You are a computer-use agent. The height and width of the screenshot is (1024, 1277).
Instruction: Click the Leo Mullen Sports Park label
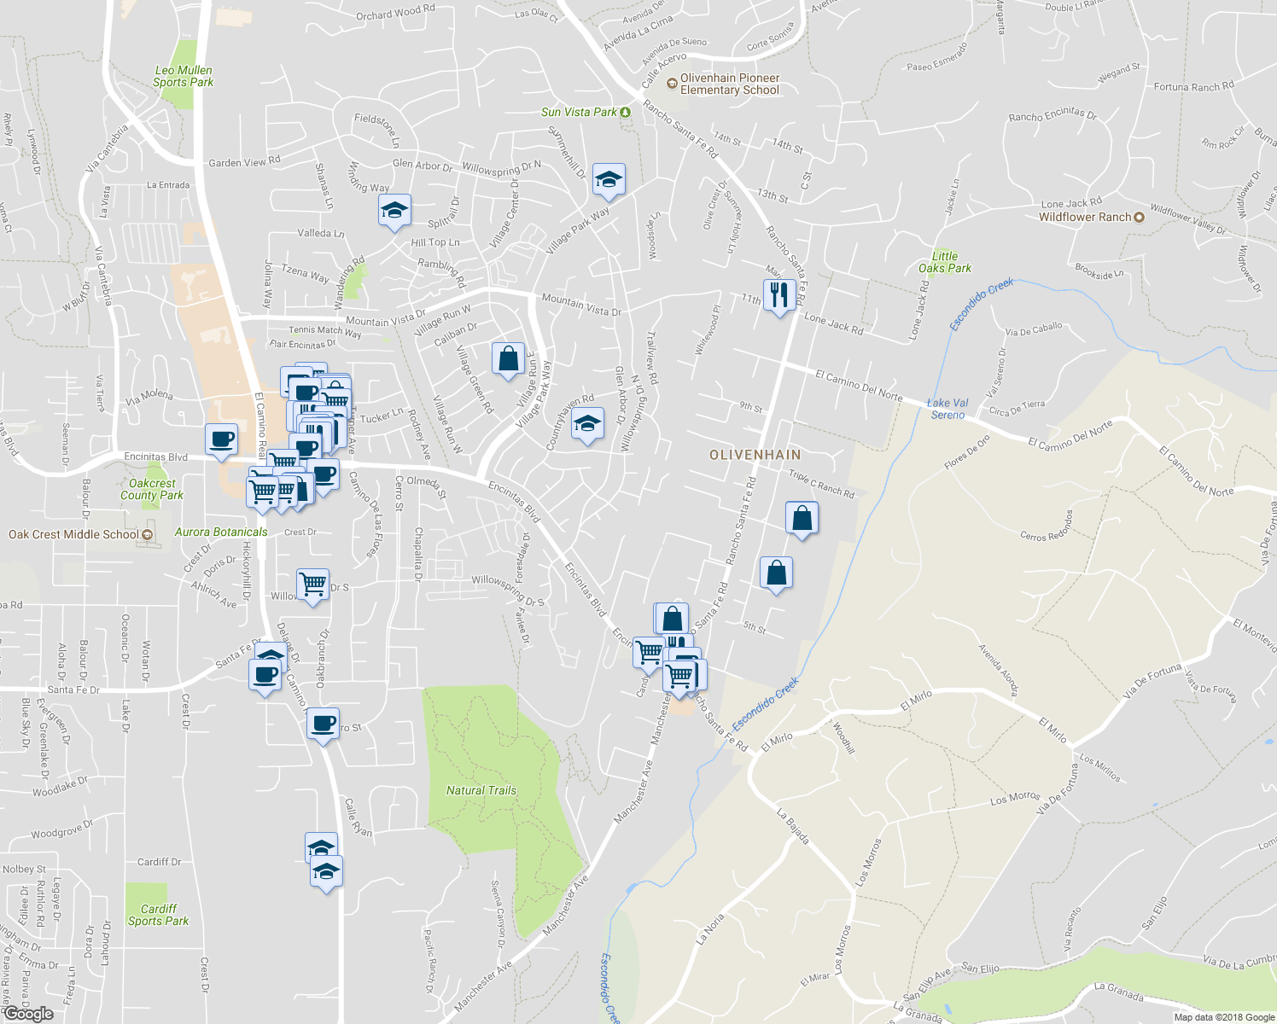183,77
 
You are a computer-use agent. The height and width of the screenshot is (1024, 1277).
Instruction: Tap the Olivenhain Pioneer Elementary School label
730,84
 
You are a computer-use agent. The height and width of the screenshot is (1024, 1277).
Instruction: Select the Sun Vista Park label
580,113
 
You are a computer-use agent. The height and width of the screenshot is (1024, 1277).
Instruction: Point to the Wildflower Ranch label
1085,218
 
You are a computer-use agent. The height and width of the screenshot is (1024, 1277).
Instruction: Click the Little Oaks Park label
944,262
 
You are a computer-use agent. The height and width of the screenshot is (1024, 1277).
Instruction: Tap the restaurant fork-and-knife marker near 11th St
778,295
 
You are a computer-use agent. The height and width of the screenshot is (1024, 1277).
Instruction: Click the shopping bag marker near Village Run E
508,358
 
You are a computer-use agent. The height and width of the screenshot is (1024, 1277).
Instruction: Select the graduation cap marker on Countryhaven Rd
586,423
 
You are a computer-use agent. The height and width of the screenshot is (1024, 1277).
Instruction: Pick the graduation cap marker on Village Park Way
608,179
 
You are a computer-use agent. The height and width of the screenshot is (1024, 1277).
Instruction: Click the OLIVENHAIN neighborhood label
755,455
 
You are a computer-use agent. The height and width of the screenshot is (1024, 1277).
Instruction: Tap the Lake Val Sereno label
948,409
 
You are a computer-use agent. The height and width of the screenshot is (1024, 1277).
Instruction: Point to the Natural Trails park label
481,791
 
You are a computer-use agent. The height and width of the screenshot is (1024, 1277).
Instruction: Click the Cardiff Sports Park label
158,915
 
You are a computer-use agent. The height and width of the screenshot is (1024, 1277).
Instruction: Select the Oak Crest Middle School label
74,535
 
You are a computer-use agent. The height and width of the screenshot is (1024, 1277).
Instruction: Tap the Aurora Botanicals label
221,532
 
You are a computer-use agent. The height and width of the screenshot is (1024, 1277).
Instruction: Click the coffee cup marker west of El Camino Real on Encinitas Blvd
222,439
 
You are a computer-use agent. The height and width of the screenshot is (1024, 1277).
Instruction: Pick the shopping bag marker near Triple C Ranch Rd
802,517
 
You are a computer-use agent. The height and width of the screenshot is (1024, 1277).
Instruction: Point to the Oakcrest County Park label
152,489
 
